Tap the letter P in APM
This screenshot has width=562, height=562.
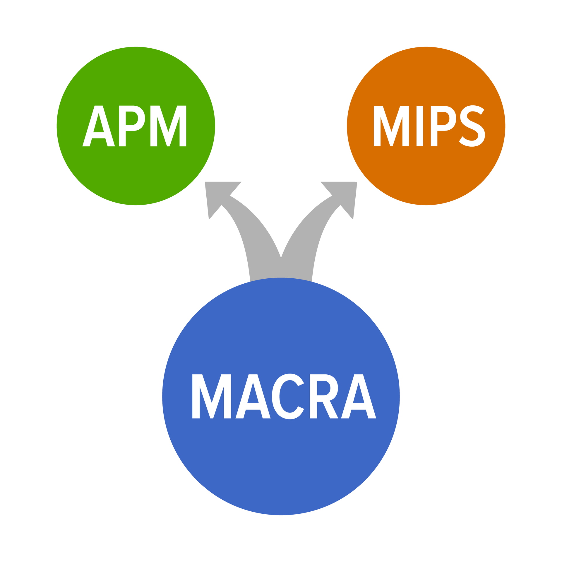click(122, 126)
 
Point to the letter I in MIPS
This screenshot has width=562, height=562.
click(420, 126)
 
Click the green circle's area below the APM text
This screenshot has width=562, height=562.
click(136, 176)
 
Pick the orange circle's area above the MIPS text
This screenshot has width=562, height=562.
click(426, 76)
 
